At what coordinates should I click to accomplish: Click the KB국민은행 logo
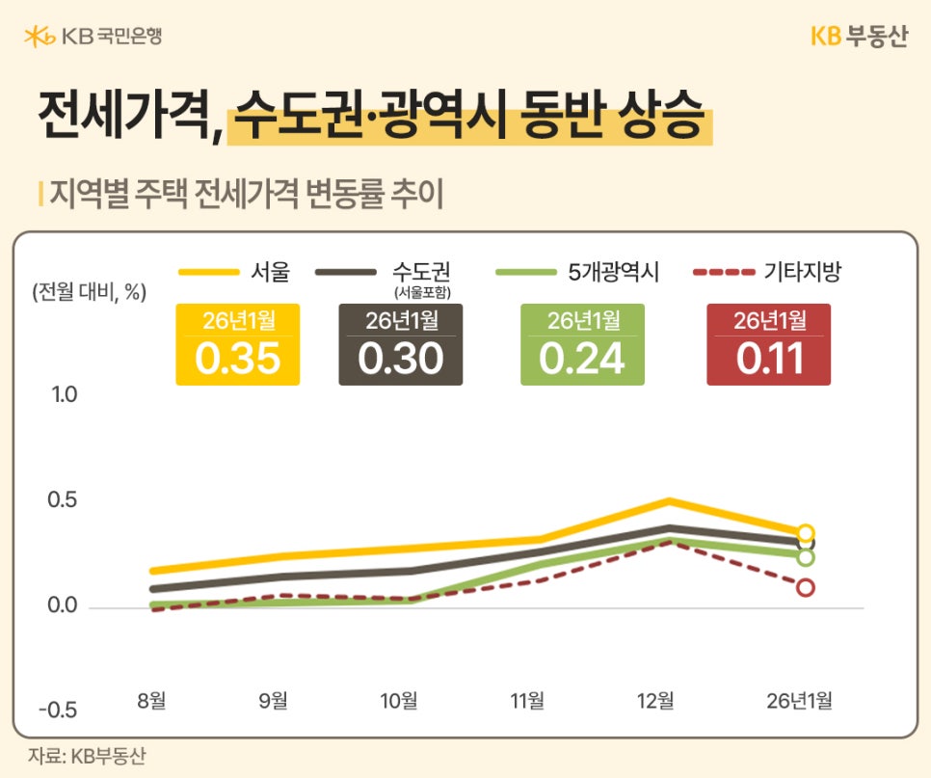coord(93,37)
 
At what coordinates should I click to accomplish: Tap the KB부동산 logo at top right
coord(858,36)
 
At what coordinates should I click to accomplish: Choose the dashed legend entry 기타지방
coord(767,272)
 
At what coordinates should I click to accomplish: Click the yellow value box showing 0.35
coord(237,345)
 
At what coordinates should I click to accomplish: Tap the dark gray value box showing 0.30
coord(401,345)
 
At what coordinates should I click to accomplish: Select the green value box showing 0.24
coord(582,345)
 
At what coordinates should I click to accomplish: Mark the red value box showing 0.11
coord(769,345)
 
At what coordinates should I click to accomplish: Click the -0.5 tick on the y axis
coord(59,711)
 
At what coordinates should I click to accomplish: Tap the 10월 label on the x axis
coord(399,701)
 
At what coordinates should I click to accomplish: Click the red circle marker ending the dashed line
coord(805,587)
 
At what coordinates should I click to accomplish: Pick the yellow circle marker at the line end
coord(806,532)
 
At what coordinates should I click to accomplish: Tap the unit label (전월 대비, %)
coord(88,293)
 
